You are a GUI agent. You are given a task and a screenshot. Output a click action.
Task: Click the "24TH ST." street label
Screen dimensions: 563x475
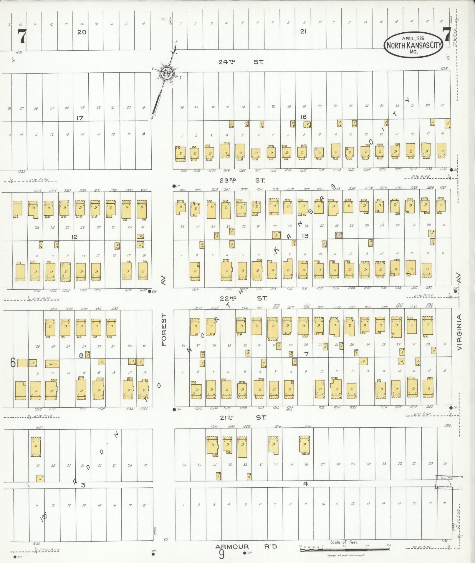241,62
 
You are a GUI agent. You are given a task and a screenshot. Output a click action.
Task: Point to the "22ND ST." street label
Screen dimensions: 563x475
244,298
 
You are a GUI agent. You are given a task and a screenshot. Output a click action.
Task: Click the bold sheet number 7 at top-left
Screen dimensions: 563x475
21,37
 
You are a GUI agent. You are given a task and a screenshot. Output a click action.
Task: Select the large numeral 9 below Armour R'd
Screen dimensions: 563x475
221,555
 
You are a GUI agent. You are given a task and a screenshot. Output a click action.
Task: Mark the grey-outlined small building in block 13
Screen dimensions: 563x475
339,235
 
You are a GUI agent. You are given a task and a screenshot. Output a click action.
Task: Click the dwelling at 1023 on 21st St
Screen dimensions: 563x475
36,446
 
